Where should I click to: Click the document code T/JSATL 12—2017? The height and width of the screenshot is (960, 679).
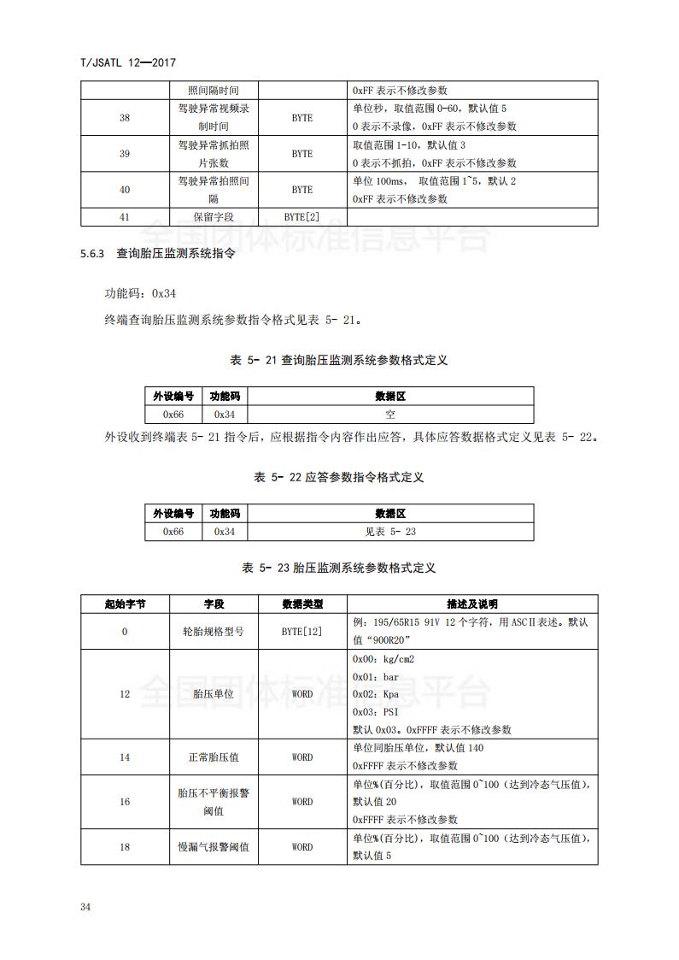[x=126, y=62]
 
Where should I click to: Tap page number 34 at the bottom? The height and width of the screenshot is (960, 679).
[x=85, y=906]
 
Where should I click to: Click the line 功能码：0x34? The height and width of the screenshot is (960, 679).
[x=140, y=293]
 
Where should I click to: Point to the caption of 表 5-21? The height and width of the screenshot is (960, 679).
[x=339, y=360]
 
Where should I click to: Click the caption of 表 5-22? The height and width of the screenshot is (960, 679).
[x=339, y=477]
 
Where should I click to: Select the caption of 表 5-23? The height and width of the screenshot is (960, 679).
[x=339, y=568]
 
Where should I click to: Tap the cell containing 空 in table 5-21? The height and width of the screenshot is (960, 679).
[x=390, y=414]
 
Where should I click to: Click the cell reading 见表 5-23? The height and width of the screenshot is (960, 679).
[x=390, y=532]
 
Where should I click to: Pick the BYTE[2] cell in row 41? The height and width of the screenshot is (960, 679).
[x=302, y=217]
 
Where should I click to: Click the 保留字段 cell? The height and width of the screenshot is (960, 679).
[x=214, y=217]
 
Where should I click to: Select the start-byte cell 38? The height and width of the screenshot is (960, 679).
[x=125, y=118]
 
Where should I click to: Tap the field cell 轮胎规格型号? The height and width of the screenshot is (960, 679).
[x=214, y=632]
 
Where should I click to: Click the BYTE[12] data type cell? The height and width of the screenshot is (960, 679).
[x=302, y=632]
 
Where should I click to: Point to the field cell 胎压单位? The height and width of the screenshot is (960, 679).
[x=214, y=694]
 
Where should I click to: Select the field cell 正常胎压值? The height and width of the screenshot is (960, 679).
[x=214, y=757]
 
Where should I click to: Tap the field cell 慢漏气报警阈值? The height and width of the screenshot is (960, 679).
[x=214, y=847]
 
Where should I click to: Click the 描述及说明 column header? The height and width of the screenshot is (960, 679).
[x=472, y=604]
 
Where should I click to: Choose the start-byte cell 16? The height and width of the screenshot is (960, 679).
[x=125, y=802]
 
